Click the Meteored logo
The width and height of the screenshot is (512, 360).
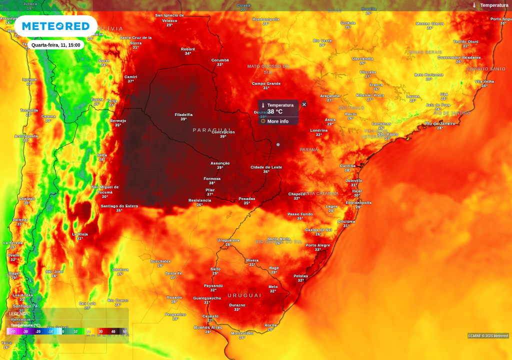click(55, 26)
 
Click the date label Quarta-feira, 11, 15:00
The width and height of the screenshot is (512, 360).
click(55, 45)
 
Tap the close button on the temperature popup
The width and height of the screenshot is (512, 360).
click(304, 104)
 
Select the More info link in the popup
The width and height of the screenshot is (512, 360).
click(277, 121)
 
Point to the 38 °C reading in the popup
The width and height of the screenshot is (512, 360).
click(275, 112)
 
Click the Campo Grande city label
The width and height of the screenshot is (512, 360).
click(266, 83)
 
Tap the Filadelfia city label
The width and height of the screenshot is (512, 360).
click(183, 114)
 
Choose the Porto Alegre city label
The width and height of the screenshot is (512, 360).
click(318, 245)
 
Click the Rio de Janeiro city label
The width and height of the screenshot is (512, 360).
click(440, 123)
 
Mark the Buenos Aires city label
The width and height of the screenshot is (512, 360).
click(208, 327)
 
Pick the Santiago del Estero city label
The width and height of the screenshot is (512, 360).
click(119, 205)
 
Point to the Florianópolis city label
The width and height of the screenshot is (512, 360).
click(358, 202)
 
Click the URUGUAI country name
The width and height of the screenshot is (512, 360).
click(244, 295)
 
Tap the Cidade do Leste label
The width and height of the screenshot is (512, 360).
click(266, 167)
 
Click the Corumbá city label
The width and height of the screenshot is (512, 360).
click(220, 60)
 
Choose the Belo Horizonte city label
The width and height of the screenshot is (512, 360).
click(429, 74)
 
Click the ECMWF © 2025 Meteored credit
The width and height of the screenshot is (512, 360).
click(488, 336)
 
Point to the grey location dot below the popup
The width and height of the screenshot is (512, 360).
click(278, 144)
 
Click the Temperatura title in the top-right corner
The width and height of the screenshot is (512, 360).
click(494, 5)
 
